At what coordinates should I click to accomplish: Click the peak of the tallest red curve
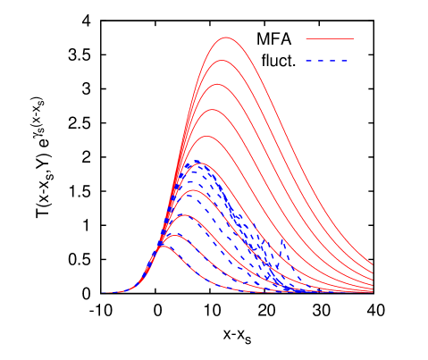[x=226, y=38]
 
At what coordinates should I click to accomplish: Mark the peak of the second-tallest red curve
[x=222, y=61]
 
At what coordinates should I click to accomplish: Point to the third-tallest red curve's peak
[x=218, y=85]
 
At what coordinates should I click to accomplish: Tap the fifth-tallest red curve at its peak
[x=207, y=136]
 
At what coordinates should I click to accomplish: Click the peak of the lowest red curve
[x=164, y=246]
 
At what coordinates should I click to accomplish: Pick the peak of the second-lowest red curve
[x=174, y=234]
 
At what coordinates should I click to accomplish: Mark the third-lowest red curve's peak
[x=183, y=215]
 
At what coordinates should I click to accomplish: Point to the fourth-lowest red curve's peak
[x=190, y=191]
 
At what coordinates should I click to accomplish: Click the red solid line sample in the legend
[x=329, y=39]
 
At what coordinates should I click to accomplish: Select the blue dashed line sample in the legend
[x=329, y=61]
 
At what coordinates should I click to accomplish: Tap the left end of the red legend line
[x=306, y=39]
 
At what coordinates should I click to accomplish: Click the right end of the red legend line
[x=353, y=39]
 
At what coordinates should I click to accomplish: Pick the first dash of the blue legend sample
[x=309, y=61]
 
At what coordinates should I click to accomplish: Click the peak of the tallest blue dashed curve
[x=197, y=161]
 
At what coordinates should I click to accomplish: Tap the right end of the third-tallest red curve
[x=373, y=272]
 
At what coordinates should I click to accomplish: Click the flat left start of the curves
[x=107, y=292]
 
